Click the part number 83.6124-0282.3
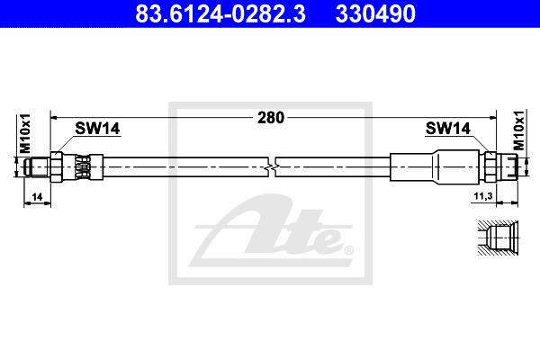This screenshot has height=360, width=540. [x=220, y=13]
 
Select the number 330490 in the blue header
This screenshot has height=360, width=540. [x=375, y=13]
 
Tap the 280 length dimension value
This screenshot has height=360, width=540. [x=271, y=118]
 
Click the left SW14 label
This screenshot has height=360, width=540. [x=97, y=129]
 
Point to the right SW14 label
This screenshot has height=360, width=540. [x=447, y=129]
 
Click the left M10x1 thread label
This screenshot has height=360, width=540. [x=25, y=133]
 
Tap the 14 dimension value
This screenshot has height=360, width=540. [x=37, y=197]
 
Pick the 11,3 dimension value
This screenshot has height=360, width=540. [x=483, y=196]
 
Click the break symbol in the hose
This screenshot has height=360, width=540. [x=272, y=167]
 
